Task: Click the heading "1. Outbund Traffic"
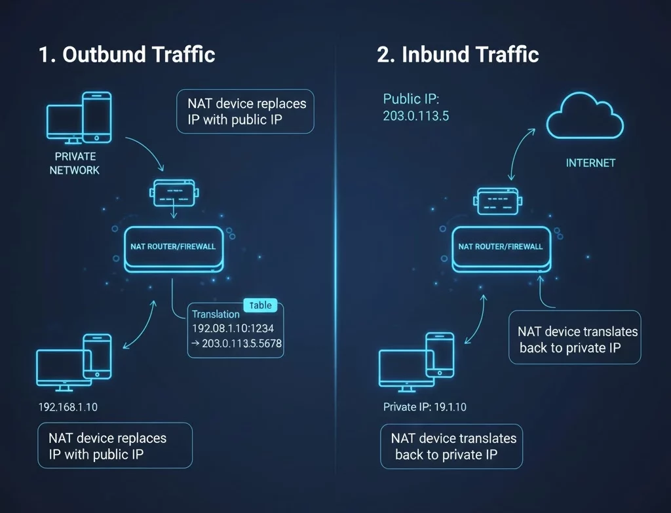click(x=126, y=54)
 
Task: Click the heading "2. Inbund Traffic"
click(x=457, y=54)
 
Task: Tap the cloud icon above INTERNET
click(x=585, y=119)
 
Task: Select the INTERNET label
click(x=590, y=162)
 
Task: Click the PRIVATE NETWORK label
click(x=75, y=163)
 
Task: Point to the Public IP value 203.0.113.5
click(x=415, y=115)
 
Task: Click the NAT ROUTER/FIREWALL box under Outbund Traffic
click(x=173, y=248)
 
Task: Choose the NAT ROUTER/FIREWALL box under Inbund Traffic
click(x=501, y=248)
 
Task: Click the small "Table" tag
click(x=261, y=305)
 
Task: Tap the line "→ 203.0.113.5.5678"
click(x=237, y=343)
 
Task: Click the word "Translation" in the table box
click(x=216, y=314)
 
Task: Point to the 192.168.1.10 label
click(x=68, y=407)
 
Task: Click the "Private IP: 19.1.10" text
click(x=425, y=407)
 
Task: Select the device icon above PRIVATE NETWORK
click(x=79, y=118)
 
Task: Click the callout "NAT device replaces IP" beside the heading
click(x=246, y=111)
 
